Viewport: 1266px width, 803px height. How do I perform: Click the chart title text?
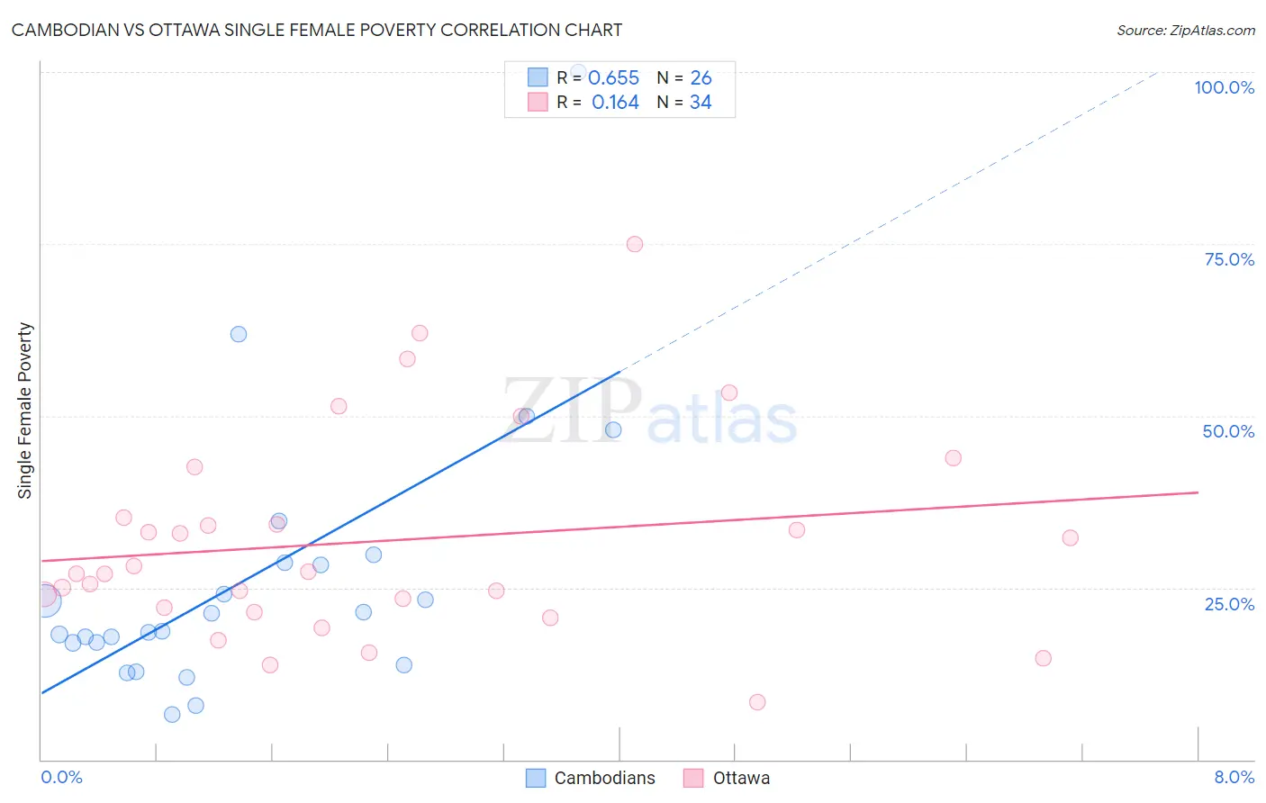(x=316, y=30)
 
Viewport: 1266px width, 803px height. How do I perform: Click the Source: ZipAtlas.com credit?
(x=1185, y=30)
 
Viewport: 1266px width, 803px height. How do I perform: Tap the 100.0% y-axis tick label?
(x=1224, y=87)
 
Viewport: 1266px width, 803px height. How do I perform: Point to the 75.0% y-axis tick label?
(x=1229, y=259)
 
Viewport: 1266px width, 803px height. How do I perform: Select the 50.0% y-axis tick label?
(x=1228, y=431)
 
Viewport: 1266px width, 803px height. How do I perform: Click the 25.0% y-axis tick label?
(x=1229, y=603)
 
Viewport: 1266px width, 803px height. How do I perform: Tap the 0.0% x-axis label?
(x=61, y=777)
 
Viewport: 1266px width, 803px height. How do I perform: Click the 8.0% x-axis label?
(x=1234, y=777)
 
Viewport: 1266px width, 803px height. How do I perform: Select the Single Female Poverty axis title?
(x=25, y=411)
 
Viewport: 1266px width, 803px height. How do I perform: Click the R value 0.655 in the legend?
(x=613, y=78)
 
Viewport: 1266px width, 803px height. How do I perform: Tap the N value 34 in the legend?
(x=701, y=103)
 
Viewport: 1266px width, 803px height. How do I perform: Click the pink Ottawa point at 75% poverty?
(x=635, y=244)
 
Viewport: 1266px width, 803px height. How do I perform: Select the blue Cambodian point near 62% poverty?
(x=239, y=334)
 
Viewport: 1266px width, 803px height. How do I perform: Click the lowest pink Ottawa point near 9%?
(x=757, y=702)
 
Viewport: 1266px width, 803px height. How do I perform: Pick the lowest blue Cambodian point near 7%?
(x=172, y=715)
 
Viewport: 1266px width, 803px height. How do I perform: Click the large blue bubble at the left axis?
(x=44, y=599)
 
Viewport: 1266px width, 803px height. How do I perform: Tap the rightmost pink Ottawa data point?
(x=1070, y=537)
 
